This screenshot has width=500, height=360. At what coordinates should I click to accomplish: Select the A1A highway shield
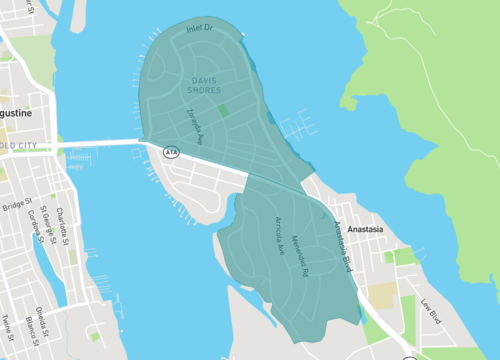click(172, 151)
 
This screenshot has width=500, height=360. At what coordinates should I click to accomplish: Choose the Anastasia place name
click(359, 229)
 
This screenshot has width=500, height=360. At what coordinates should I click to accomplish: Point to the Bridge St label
click(17, 206)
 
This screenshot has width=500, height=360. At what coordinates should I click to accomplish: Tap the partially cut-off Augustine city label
click(17, 113)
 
